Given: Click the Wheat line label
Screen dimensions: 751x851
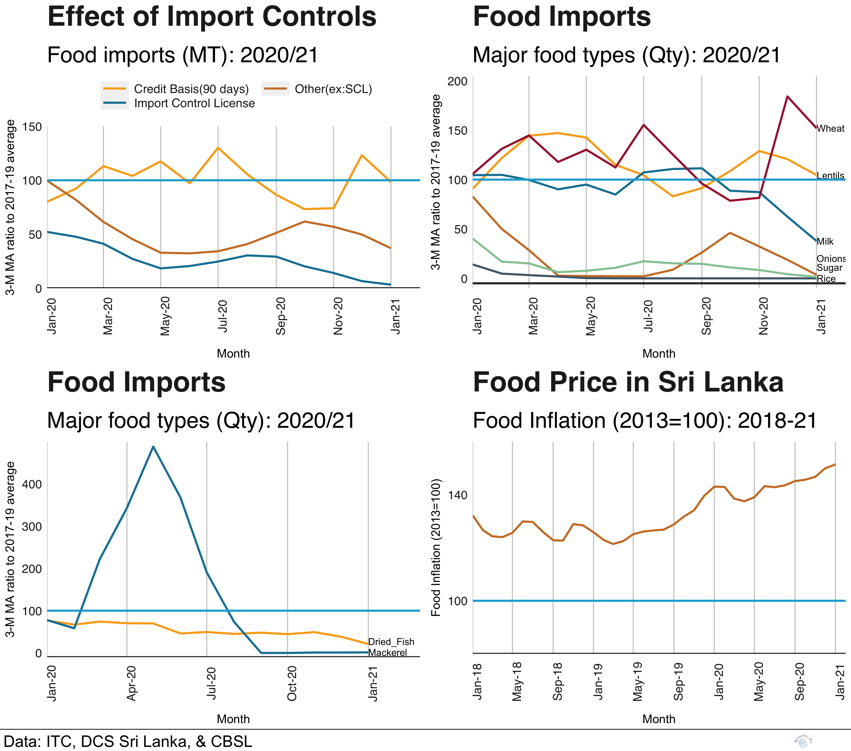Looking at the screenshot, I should point(830,129).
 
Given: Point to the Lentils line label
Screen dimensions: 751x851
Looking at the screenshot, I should point(830,176).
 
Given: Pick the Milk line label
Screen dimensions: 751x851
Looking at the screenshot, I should point(825,242).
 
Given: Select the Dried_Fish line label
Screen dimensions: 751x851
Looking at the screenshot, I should point(391,641).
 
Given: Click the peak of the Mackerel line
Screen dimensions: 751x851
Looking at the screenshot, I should point(153,447).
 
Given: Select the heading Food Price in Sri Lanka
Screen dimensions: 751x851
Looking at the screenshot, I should point(628,382).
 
